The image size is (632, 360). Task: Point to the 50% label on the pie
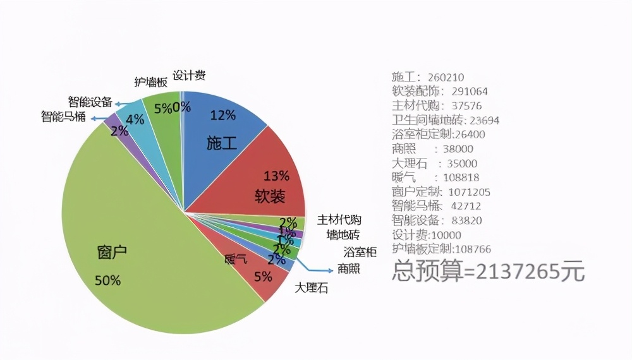[x=107, y=280]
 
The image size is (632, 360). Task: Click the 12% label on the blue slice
[x=222, y=115]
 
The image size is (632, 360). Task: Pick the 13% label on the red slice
[x=276, y=175]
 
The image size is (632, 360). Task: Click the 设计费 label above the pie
[x=189, y=76]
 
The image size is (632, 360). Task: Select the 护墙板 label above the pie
[x=150, y=82]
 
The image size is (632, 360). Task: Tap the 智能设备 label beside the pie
[x=90, y=102]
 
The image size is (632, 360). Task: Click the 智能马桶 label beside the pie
[x=63, y=117]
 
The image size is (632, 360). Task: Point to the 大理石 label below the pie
[x=312, y=289]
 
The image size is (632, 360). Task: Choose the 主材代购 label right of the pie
[x=339, y=220]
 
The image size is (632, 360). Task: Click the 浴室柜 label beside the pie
[x=360, y=252]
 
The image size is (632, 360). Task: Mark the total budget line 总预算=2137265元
[x=488, y=272]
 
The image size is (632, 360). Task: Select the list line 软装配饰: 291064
[x=439, y=92]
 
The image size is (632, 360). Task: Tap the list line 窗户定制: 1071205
[x=441, y=191]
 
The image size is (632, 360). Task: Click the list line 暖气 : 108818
[x=434, y=177]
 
